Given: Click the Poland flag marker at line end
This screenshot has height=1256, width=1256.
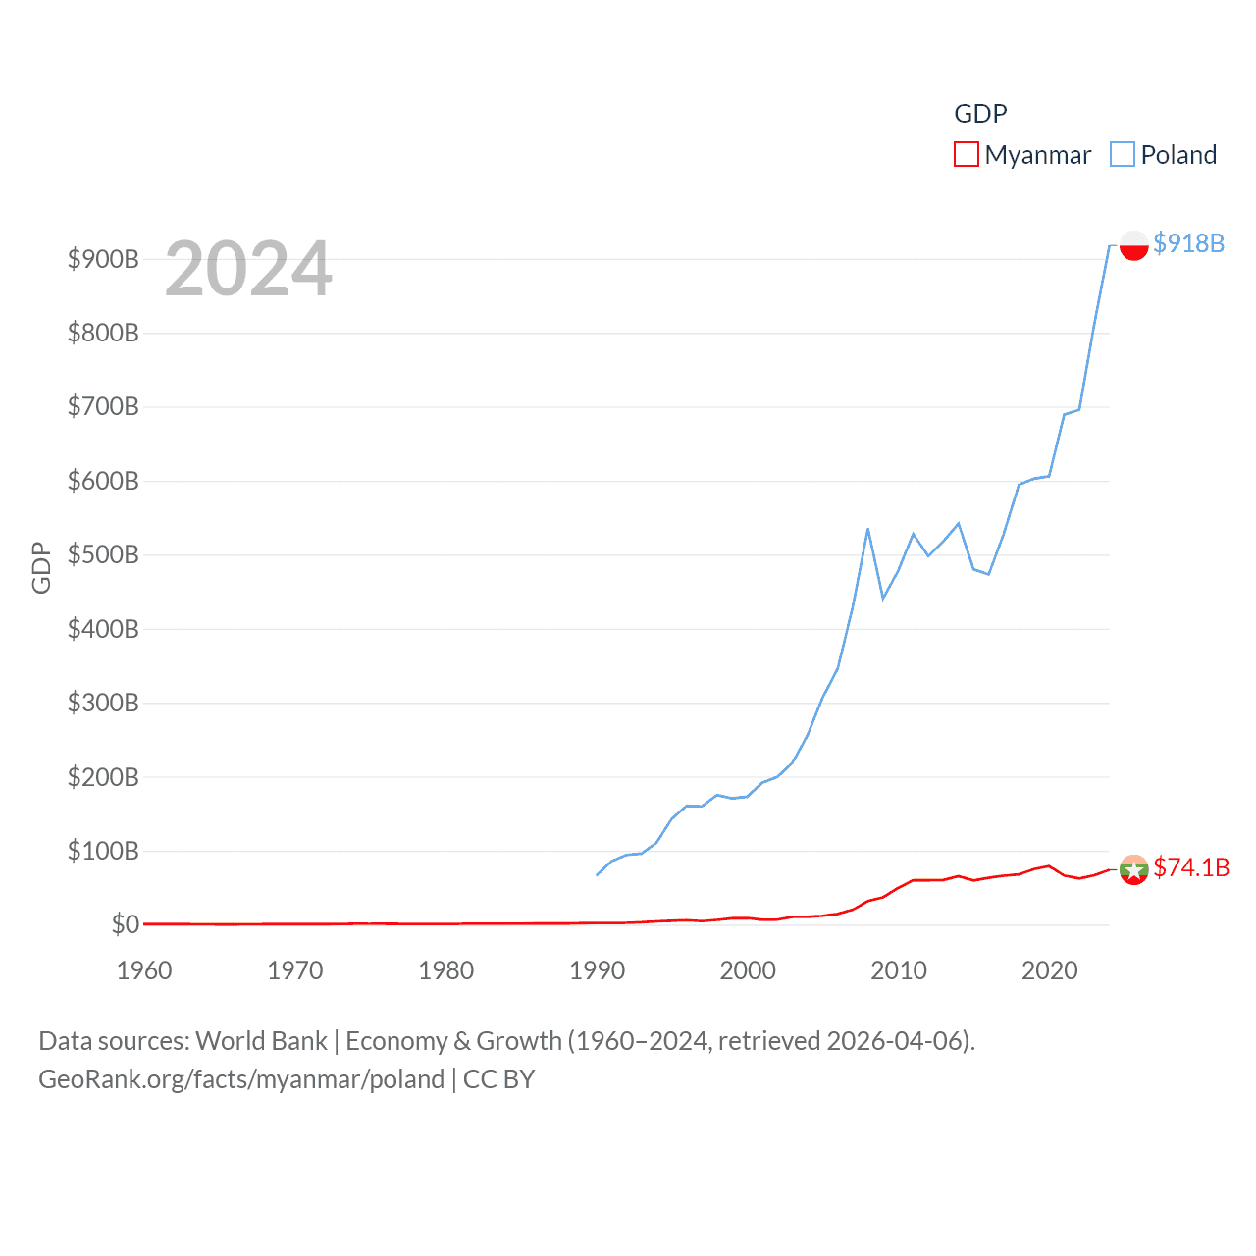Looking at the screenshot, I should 1133,245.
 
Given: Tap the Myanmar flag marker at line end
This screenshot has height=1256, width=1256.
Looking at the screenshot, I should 1133,869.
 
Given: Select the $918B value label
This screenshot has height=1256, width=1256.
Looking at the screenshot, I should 1188,243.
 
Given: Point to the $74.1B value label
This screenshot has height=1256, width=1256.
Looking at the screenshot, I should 1190,867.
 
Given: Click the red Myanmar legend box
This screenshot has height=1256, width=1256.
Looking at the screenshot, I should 967,155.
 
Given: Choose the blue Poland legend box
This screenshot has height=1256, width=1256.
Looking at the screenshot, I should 1123,155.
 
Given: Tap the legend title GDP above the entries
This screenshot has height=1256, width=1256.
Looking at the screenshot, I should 980,114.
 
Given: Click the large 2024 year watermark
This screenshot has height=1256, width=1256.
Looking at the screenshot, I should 248,269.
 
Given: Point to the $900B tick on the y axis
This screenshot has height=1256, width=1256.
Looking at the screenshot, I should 103,259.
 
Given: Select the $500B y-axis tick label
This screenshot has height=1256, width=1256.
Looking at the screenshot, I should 103,554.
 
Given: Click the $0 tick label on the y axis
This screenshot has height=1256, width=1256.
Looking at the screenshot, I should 125,924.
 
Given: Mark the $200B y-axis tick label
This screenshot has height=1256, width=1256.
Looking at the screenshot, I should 103,777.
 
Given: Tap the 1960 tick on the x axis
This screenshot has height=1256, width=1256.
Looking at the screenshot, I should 144,970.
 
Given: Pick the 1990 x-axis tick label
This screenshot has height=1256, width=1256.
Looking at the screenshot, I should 597,970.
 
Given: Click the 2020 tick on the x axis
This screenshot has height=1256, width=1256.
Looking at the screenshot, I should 1049,970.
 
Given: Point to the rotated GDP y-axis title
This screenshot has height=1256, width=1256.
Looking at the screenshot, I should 41,567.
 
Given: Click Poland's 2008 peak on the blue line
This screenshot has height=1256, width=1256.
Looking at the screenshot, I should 867,529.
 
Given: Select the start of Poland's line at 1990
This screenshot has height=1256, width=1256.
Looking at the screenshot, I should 597,874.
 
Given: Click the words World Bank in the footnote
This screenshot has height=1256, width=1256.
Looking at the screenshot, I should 261,1041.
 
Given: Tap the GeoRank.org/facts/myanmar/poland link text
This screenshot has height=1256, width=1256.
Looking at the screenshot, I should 241,1079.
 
